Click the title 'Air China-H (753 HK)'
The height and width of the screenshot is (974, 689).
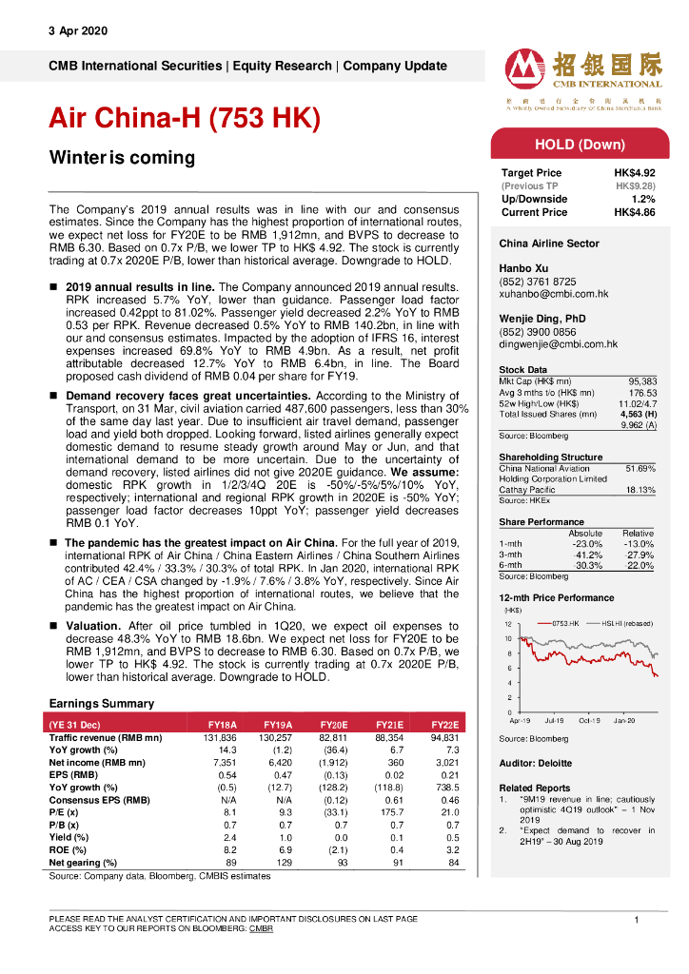tap(184, 118)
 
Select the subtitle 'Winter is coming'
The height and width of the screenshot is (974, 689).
tap(122, 158)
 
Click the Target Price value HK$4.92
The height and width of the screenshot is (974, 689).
tap(634, 173)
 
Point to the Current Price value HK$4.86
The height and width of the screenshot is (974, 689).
tap(634, 212)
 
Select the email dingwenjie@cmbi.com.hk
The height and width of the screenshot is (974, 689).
tap(559, 344)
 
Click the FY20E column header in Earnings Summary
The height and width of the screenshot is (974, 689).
tap(334, 724)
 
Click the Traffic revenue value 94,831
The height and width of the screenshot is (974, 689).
tap(443, 738)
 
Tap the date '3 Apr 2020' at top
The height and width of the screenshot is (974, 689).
tap(78, 30)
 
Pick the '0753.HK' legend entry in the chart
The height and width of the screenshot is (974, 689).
tap(568, 623)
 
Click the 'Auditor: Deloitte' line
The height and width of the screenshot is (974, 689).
tap(536, 763)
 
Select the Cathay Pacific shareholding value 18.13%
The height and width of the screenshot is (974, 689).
tap(640, 490)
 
